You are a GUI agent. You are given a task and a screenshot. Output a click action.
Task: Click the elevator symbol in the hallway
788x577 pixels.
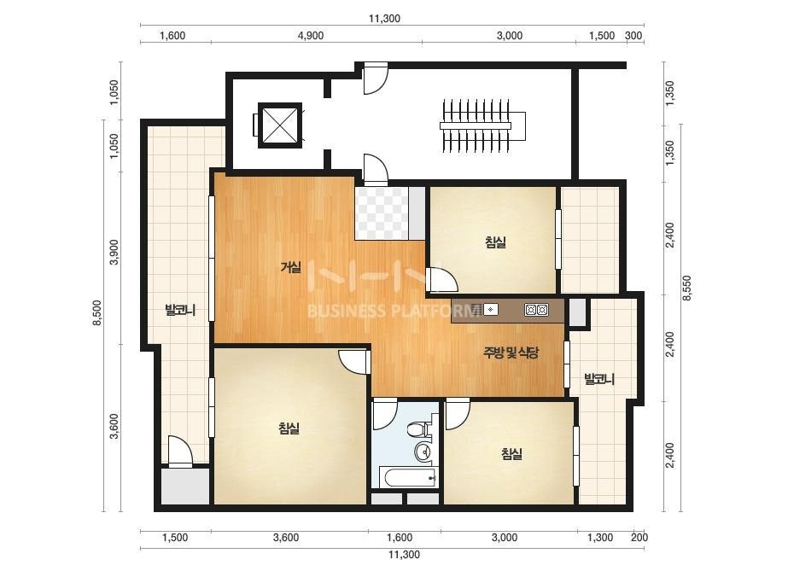[279, 125]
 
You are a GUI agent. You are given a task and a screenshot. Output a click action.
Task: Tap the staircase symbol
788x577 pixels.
[482, 125]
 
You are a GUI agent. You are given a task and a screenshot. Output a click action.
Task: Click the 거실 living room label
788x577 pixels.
[290, 267]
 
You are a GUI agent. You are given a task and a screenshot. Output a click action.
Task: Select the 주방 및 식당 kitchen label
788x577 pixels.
[511, 353]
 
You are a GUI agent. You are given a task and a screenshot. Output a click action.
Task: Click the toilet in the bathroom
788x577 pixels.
[417, 429]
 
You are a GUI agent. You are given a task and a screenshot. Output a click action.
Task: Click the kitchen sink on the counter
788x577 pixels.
[491, 310]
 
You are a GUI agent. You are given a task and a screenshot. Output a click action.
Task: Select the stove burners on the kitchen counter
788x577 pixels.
[536, 310]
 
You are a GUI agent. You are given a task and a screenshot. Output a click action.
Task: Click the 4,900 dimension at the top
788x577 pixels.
[311, 36]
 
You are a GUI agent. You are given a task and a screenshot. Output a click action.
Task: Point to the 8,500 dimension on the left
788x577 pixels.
[97, 312]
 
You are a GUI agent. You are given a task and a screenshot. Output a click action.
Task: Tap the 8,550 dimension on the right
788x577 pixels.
[687, 288]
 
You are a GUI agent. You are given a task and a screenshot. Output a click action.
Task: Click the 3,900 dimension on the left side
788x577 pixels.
[114, 253]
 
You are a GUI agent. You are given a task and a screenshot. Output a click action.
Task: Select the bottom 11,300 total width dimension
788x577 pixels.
[404, 555]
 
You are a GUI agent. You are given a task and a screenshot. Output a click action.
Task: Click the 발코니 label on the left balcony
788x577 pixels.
[180, 310]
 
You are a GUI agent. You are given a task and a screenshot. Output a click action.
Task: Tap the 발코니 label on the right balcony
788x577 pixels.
[599, 379]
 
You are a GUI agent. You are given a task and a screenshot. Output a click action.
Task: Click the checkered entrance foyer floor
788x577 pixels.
[382, 213]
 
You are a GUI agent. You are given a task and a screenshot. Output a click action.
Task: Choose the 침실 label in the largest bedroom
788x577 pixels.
[289, 428]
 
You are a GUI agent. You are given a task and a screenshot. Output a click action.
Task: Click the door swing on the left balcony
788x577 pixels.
[180, 452]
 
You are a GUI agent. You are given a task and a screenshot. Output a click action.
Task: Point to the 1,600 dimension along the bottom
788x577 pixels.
[400, 538]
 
